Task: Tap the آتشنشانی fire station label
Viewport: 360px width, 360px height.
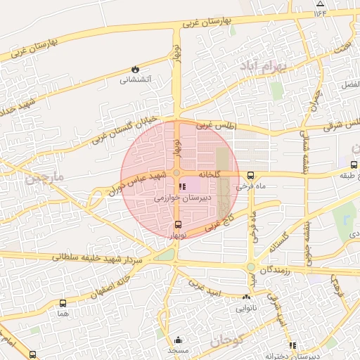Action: [136, 80]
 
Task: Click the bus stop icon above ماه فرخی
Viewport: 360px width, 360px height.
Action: [251, 176]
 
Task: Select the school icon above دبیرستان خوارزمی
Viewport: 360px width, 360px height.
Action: [183, 187]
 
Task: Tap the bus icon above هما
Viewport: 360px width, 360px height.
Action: [64, 304]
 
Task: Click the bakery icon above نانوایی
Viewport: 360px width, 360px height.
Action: [246, 298]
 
